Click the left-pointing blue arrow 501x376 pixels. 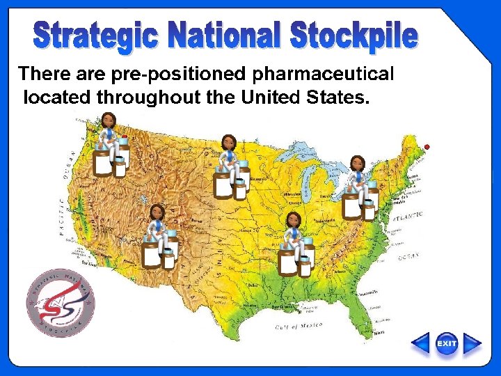(x=421, y=344)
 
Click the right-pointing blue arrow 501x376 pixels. (x=472, y=344)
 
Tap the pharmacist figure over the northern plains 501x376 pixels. (x=230, y=169)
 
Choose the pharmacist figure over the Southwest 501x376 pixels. (x=159, y=237)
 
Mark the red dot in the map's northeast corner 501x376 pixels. (x=427, y=146)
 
